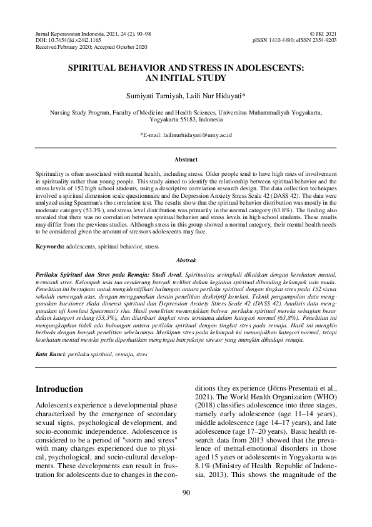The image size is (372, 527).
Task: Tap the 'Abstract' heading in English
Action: [186, 160]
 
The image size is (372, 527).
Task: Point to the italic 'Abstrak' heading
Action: [186, 258]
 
